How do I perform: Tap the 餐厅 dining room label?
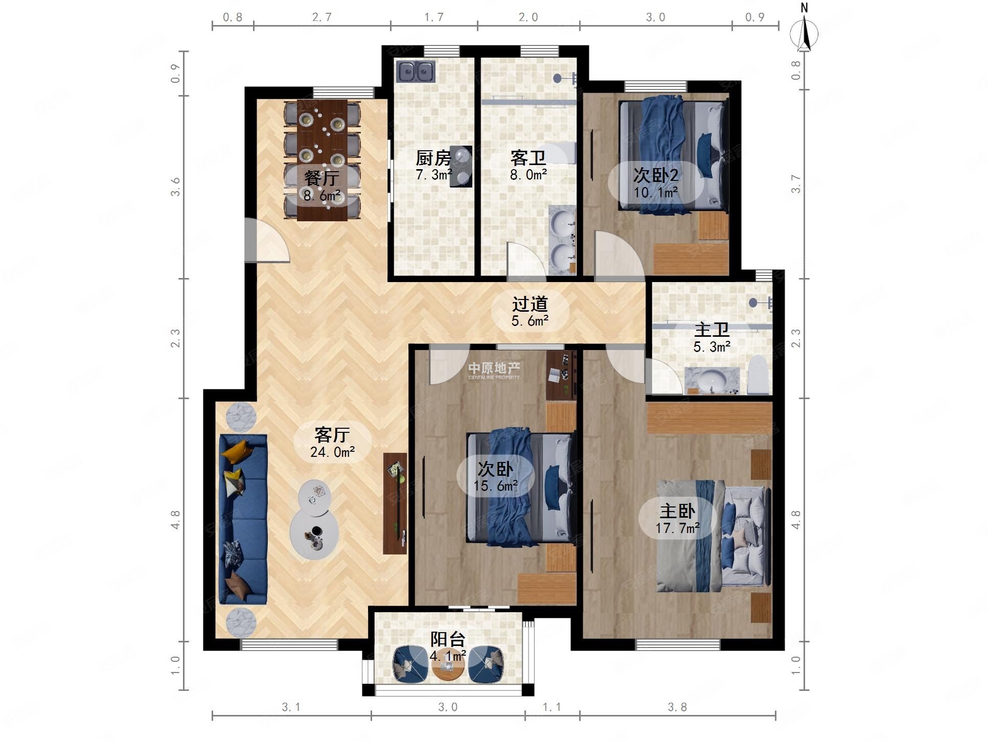click(x=322, y=178)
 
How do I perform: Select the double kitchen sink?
click(x=416, y=72)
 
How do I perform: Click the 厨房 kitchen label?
click(x=433, y=158)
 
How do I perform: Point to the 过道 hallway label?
click(x=530, y=304)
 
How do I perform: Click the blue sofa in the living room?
click(x=243, y=519)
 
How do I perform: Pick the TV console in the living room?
click(x=395, y=503)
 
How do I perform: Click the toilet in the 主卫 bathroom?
click(x=759, y=375)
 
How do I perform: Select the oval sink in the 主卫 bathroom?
click(x=713, y=380)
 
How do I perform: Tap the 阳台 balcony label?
click(x=448, y=639)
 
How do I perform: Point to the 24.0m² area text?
click(x=333, y=452)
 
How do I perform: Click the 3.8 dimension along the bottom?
click(x=677, y=707)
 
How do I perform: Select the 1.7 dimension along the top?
click(x=434, y=17)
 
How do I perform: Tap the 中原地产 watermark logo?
click(x=494, y=370)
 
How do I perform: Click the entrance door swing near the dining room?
click(x=267, y=240)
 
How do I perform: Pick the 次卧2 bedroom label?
click(x=656, y=175)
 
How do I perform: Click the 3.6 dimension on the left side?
click(x=175, y=187)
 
